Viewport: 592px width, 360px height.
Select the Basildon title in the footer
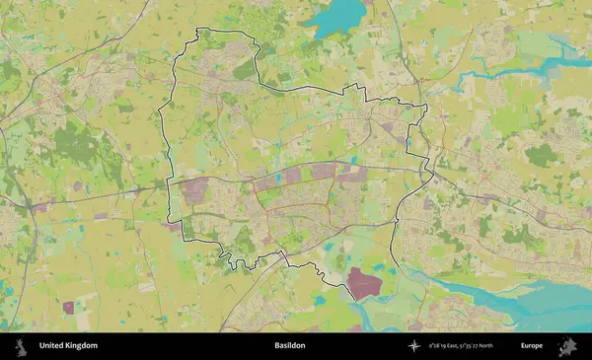[290, 346]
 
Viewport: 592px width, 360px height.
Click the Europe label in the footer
[532, 346]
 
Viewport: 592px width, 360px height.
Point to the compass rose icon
[415, 346]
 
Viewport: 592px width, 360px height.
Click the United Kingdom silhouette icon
[20, 346]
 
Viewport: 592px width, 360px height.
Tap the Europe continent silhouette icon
[567, 346]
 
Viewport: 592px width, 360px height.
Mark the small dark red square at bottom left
[68, 308]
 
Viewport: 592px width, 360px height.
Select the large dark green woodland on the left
[74, 143]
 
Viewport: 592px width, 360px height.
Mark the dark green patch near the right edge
[541, 154]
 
